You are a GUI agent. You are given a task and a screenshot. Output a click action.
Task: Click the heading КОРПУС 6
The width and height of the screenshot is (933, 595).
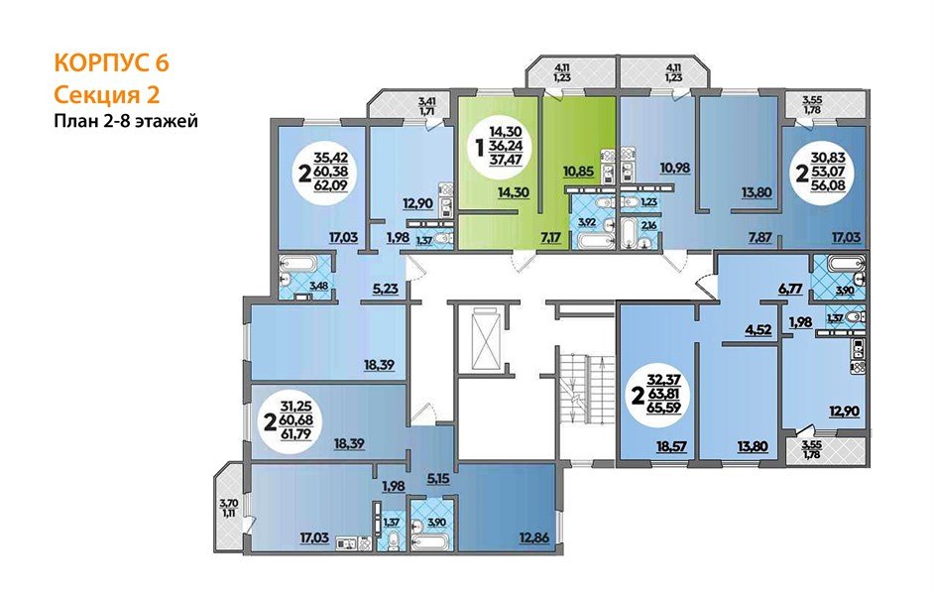coord(112,63)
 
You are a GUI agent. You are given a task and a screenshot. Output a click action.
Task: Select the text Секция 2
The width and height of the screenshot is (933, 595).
coord(106,94)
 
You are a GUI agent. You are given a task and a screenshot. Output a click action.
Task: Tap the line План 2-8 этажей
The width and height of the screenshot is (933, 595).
coord(126,121)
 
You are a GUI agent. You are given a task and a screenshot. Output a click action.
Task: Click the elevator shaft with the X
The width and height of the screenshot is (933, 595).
coord(487,339)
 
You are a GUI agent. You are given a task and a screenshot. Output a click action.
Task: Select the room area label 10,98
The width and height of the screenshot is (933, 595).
coord(675,168)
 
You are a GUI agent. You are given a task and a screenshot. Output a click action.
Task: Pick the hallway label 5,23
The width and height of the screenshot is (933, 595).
coord(385,290)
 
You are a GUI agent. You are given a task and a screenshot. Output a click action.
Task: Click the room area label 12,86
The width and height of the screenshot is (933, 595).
coord(533,539)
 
